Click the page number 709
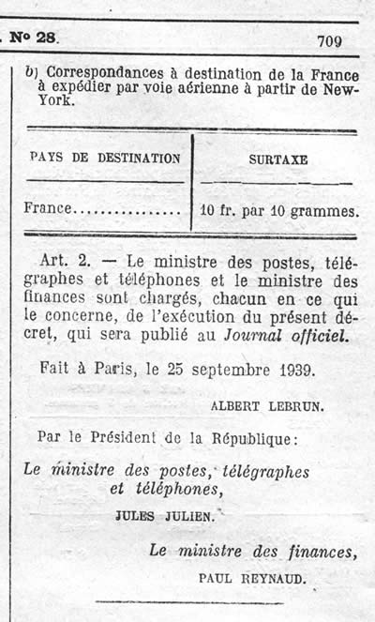pyautogui.click(x=329, y=40)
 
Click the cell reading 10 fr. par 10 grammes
pyautogui.click(x=279, y=210)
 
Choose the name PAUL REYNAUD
pyautogui.click(x=252, y=579)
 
